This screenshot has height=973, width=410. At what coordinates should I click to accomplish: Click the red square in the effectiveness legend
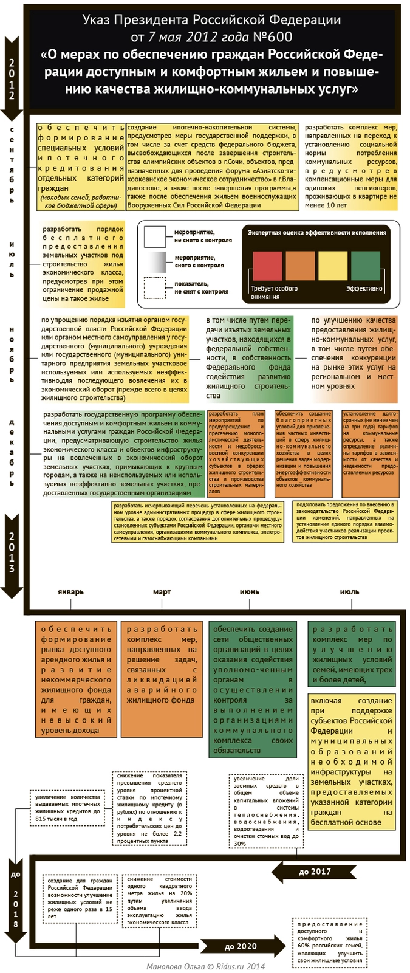click(x=267, y=266)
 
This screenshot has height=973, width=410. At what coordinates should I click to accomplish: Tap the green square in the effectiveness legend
click(x=366, y=266)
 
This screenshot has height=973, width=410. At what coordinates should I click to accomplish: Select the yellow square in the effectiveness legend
click(x=333, y=266)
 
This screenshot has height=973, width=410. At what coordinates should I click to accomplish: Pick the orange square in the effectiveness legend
click(x=300, y=266)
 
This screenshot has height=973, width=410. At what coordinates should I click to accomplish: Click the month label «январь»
click(x=71, y=592)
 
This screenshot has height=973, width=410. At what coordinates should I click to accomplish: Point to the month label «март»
click(x=162, y=592)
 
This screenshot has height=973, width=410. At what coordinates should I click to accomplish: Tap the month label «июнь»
click(x=250, y=592)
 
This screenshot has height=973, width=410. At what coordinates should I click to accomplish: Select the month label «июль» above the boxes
click(x=350, y=592)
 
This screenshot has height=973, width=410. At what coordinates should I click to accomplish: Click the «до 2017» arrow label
click(x=315, y=872)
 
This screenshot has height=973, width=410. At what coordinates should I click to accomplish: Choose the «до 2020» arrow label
click(x=241, y=946)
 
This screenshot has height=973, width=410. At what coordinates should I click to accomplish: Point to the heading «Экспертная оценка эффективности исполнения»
click(x=316, y=233)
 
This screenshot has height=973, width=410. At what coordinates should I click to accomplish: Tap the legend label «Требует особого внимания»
click(x=274, y=292)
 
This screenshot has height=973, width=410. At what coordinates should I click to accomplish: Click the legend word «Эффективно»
click(x=364, y=289)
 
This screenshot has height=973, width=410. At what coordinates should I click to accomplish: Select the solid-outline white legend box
click(x=155, y=236)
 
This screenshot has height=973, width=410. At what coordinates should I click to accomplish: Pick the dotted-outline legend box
click(x=155, y=287)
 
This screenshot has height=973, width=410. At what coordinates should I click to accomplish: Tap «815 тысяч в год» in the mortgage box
click(x=56, y=819)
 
